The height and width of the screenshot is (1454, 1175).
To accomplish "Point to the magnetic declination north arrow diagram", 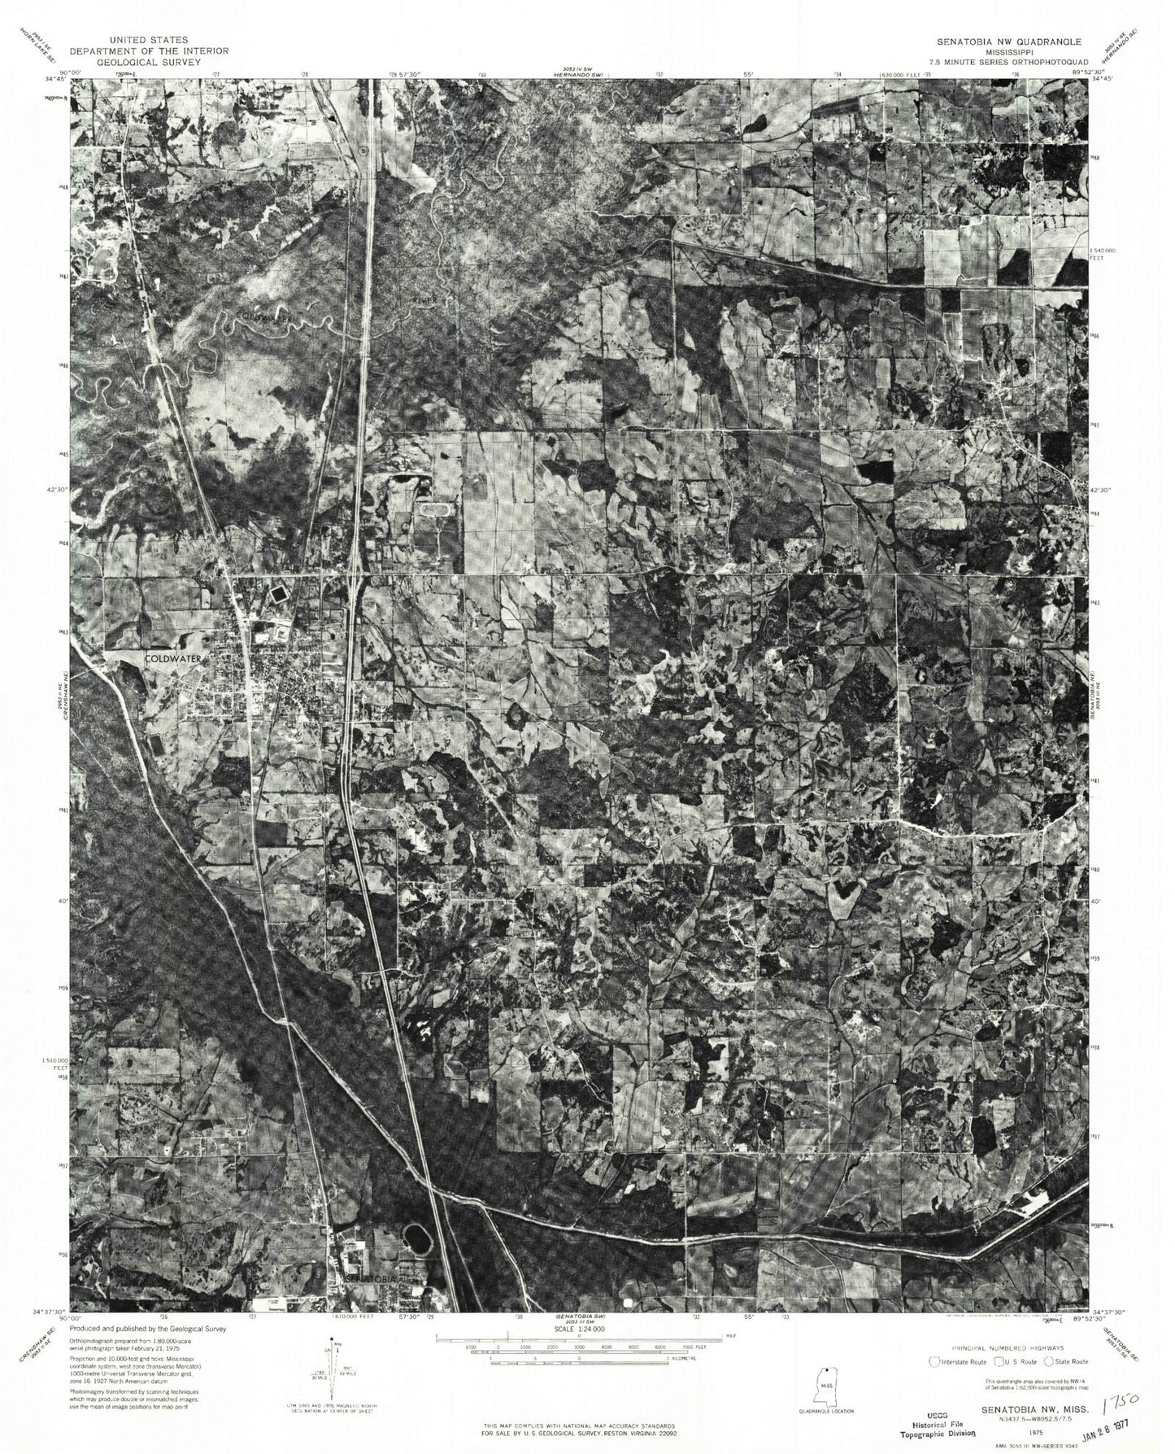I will (333, 1375).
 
